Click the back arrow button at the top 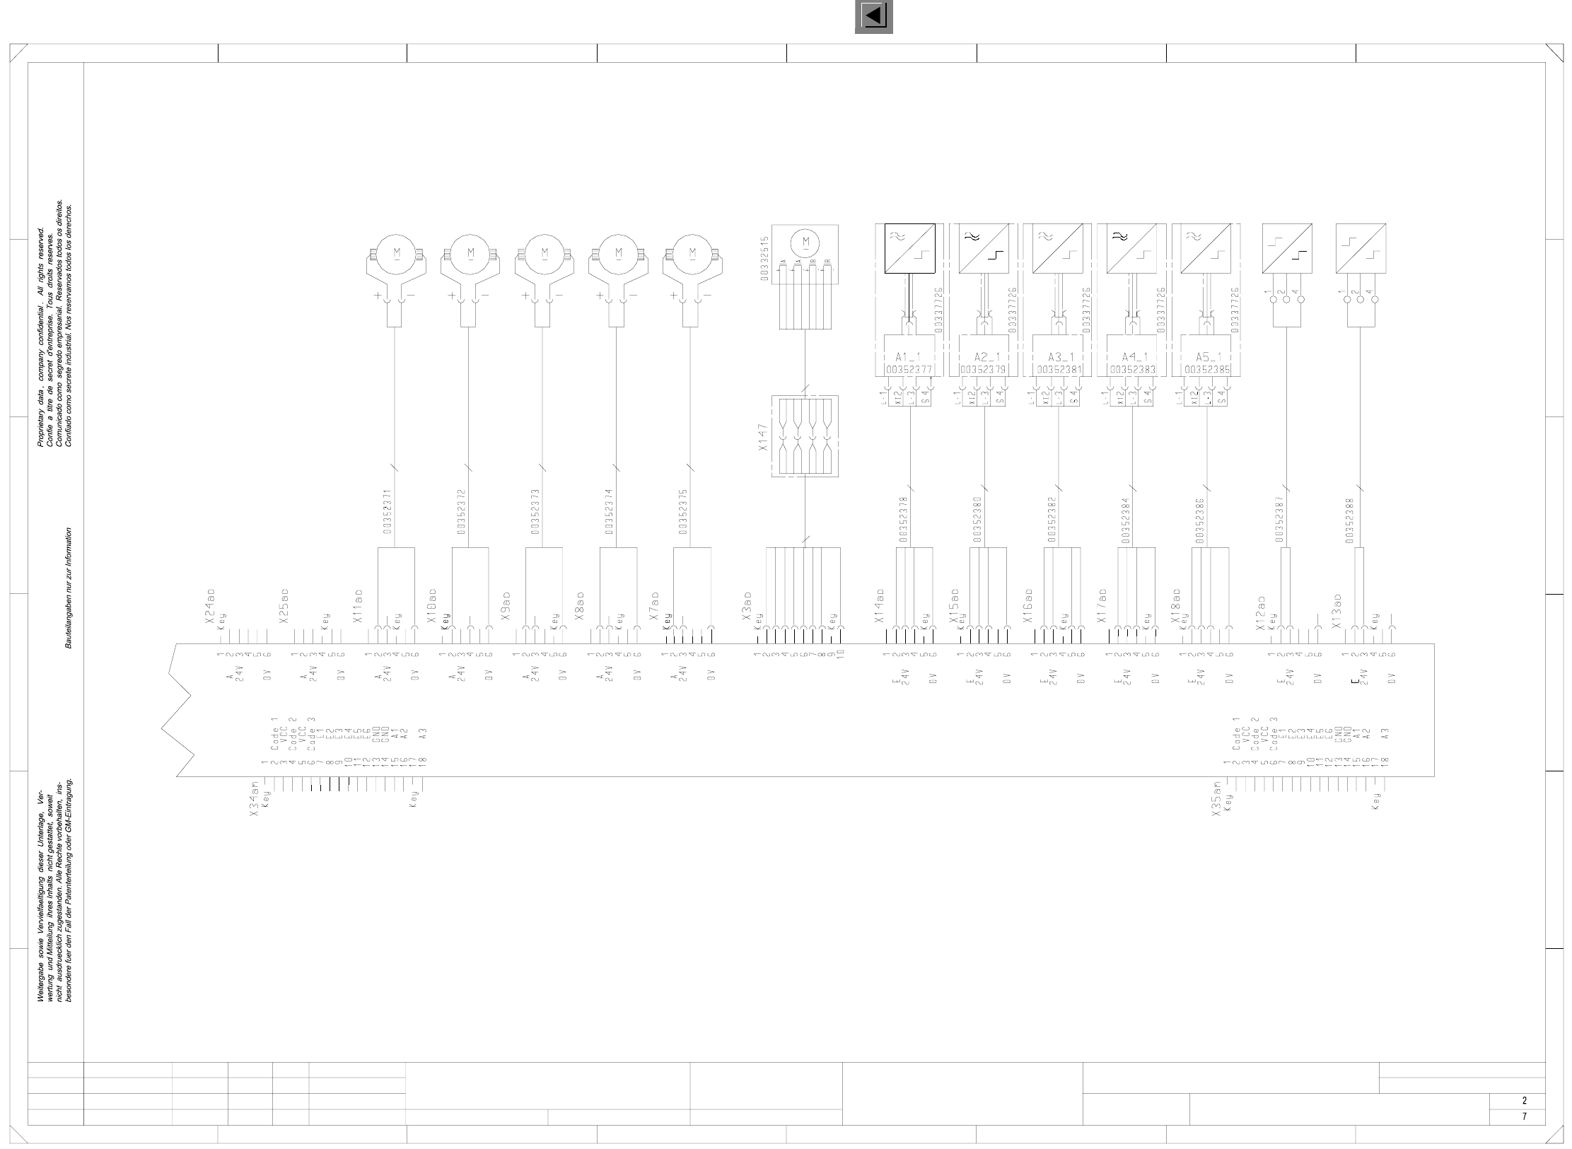click(873, 16)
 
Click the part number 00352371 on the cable click(388, 511)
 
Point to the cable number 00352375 click(682, 511)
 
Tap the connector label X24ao click(210, 606)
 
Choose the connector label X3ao click(747, 607)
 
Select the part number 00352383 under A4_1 click(1133, 369)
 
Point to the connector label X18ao click(1177, 607)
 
